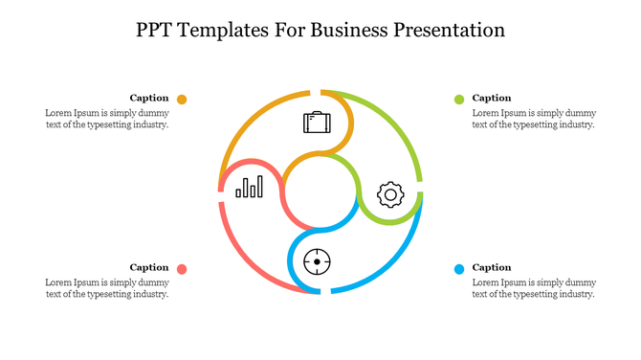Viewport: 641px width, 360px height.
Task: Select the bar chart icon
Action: [250, 186]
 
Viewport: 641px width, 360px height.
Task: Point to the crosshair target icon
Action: [317, 260]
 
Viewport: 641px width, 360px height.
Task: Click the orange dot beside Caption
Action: [182, 99]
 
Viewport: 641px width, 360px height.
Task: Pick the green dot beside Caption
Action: [459, 99]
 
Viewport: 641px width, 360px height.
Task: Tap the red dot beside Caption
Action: [182, 269]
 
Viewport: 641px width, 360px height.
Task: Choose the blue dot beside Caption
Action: [459, 269]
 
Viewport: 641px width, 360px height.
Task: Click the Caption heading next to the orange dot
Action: [149, 98]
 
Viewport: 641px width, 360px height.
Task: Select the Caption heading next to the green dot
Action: [492, 98]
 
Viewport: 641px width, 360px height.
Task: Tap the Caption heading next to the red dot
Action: [149, 267]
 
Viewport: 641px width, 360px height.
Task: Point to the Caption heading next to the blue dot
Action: [492, 267]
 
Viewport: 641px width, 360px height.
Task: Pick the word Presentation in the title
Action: [445, 30]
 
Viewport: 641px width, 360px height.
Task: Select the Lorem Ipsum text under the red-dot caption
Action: [107, 288]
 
